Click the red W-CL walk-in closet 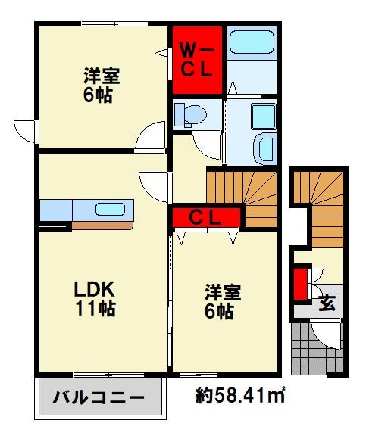point(196,59)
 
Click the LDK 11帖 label point(94,300)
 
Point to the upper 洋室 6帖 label point(102,85)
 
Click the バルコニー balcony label point(98,397)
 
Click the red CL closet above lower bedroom point(205,217)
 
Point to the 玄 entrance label point(327,303)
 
